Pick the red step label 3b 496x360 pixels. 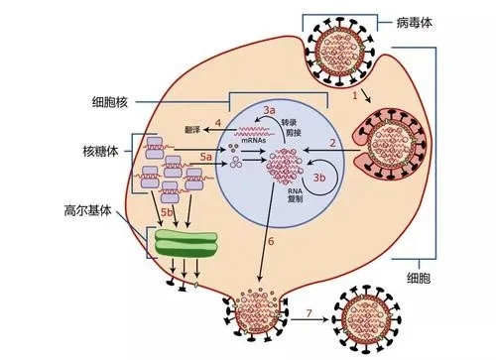click(x=319, y=177)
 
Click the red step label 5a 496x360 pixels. click(x=206, y=157)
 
